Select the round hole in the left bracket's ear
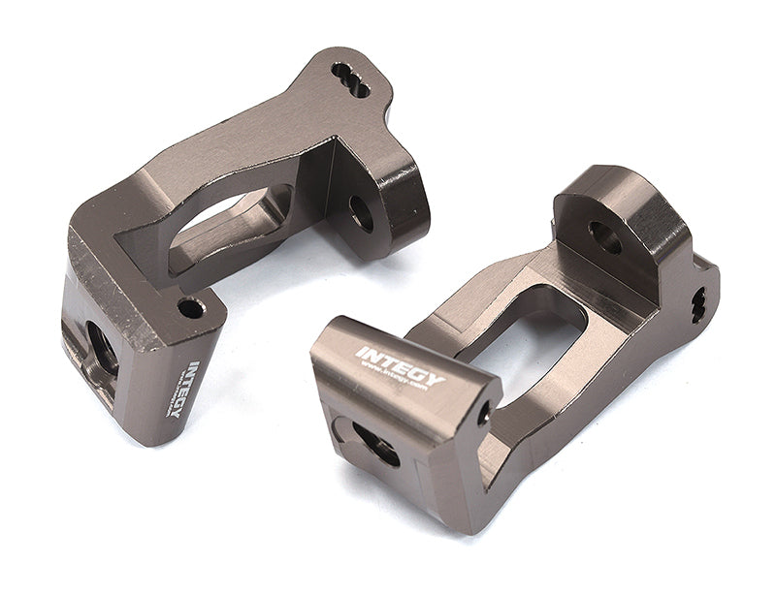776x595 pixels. [362, 212]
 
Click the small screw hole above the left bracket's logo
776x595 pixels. [191, 309]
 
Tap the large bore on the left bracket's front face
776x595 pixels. [101, 344]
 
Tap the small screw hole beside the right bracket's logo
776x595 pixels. [483, 415]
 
